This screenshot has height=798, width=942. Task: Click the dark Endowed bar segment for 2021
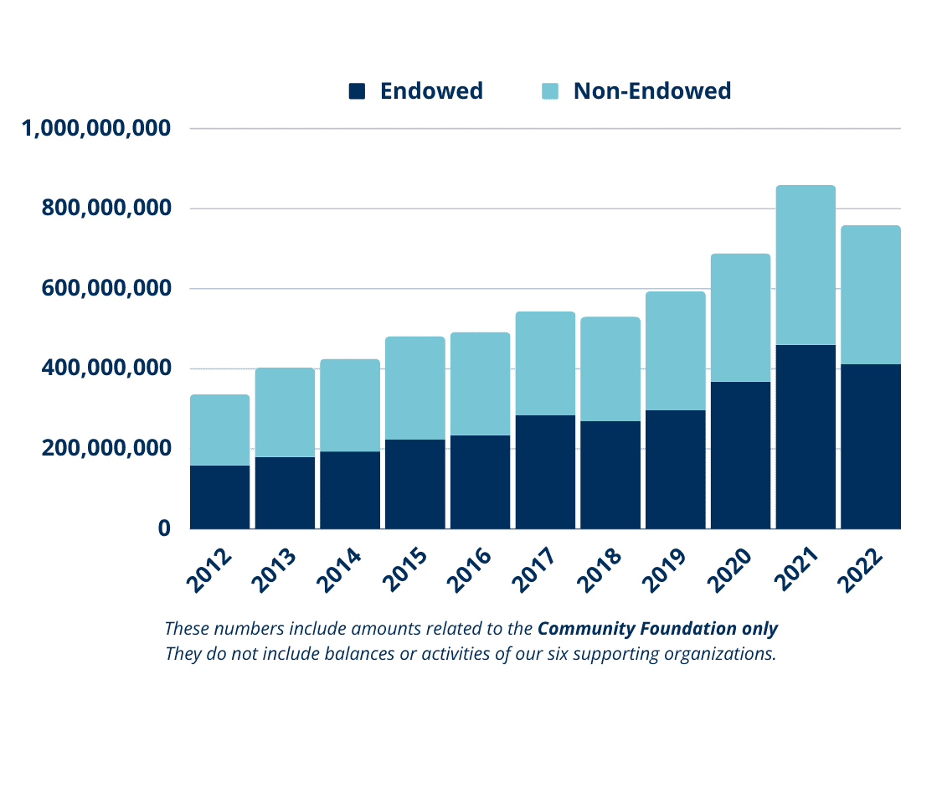pos(805,436)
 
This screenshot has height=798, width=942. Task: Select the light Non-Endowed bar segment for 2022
pos(870,295)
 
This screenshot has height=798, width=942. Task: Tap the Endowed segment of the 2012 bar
pos(220,497)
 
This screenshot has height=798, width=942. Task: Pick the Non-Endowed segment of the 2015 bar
pos(414,388)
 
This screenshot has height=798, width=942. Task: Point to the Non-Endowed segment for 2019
pos(675,351)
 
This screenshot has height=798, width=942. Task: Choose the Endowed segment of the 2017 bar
pos(545,471)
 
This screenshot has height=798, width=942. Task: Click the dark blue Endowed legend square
pos(358,91)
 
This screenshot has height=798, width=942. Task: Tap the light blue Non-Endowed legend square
pos(550,91)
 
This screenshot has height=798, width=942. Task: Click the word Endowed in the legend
pos(431,90)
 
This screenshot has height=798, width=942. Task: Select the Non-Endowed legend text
pos(652,90)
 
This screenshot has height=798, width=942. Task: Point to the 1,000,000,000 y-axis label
pos(96,129)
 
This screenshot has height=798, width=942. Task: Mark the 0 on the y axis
pos(164,528)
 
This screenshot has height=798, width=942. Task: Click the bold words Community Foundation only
pos(657,628)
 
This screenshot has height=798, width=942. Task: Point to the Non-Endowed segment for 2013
pos(285,412)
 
